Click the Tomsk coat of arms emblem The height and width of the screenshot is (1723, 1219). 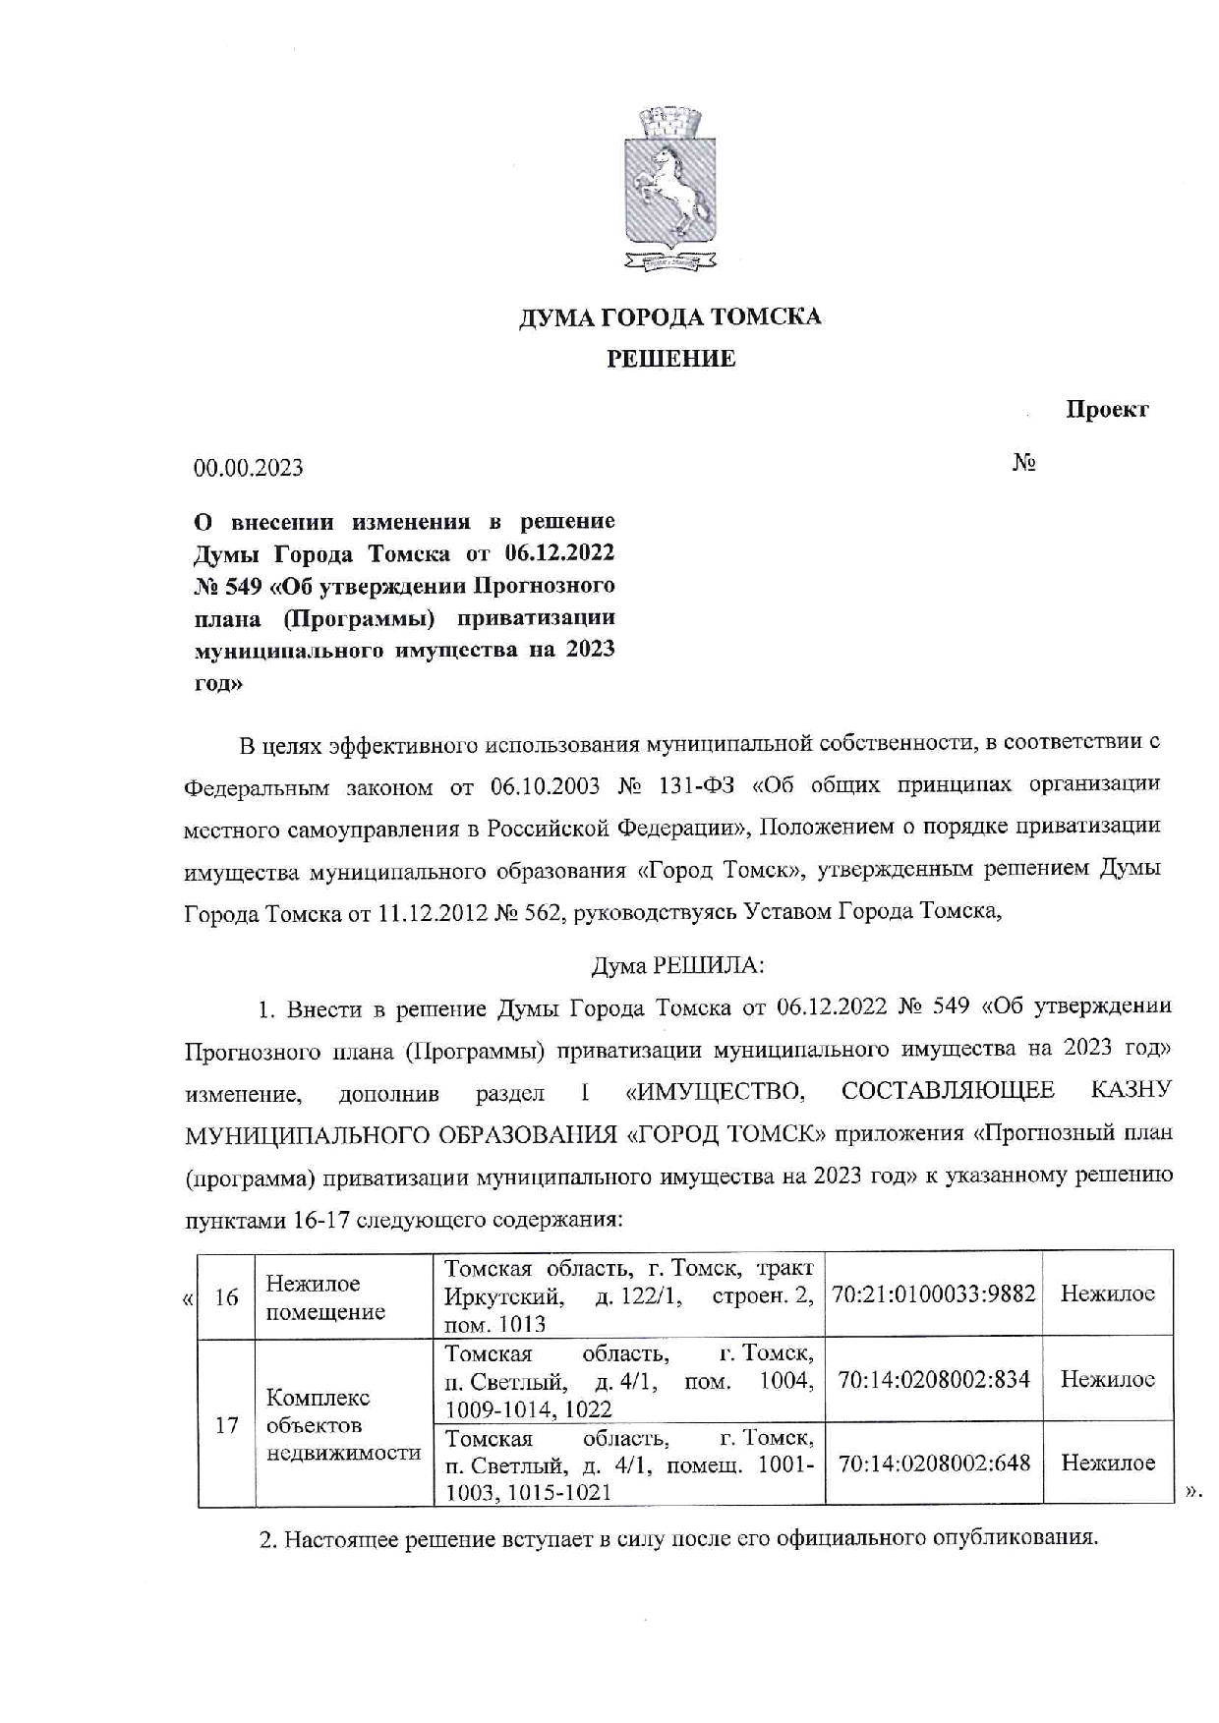click(668, 191)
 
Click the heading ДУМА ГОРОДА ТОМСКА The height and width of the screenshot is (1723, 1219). click(669, 316)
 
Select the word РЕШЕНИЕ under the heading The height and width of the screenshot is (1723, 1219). click(669, 359)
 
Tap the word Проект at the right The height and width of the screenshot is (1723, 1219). click(1107, 409)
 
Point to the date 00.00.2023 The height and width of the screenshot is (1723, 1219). click(248, 468)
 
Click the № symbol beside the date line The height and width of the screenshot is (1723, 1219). click(1024, 462)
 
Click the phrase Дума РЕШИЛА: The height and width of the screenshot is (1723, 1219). click(676, 965)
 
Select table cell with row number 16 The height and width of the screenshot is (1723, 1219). click(226, 1296)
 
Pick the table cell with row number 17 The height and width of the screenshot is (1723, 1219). click(226, 1423)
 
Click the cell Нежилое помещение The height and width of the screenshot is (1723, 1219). click(325, 1296)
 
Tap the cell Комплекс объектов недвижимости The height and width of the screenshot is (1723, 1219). click(343, 1424)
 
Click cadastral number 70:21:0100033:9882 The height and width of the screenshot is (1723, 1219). click(933, 1293)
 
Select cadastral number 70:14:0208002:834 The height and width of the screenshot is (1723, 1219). click(933, 1379)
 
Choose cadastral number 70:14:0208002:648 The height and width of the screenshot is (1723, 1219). click(933, 1463)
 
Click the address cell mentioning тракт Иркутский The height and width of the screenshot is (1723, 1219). click(628, 1295)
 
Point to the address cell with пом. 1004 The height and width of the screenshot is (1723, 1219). click(628, 1380)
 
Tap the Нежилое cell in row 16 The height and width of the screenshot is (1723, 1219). click(1107, 1293)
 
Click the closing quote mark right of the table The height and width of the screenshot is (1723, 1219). click(1192, 1493)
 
